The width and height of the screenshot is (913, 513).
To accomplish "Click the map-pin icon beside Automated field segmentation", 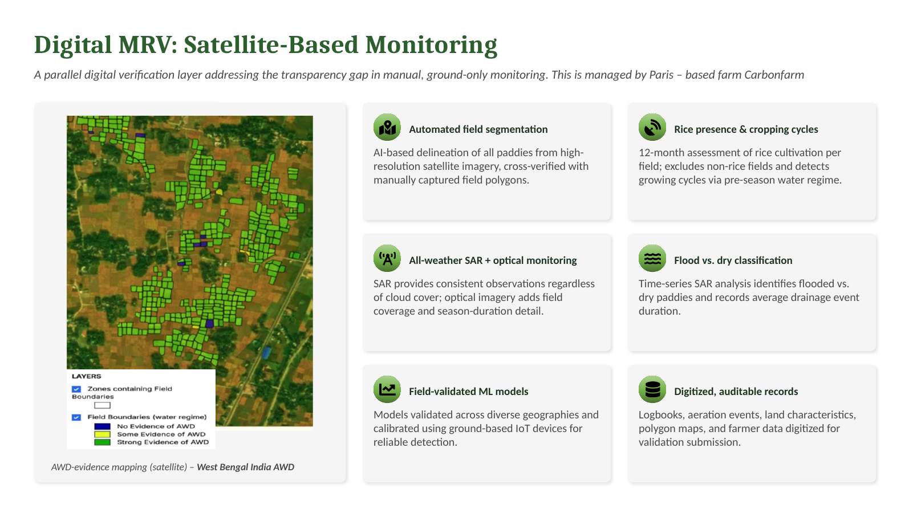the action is (387, 127).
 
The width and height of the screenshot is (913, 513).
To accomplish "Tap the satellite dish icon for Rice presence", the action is (652, 127).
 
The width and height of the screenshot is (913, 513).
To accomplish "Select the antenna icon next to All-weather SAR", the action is (387, 258).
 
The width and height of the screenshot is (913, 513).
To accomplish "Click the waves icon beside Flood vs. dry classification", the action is (652, 258).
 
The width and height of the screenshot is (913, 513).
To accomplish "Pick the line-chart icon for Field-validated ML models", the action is (387, 389).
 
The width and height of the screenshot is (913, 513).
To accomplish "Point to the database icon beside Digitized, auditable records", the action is (652, 389).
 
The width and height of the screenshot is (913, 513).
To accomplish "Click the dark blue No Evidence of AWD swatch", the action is (102, 426).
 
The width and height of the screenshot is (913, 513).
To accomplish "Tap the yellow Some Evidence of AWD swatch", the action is (102, 434).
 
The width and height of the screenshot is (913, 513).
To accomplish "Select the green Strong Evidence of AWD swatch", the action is (102, 442).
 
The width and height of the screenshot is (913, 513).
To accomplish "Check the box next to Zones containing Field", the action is (76, 389).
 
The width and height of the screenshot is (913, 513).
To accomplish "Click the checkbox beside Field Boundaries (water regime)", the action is (76, 417).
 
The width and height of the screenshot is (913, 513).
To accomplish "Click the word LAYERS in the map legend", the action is (87, 376).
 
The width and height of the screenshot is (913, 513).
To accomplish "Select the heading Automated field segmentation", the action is (478, 129).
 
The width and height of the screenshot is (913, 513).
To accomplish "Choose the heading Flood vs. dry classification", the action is (733, 260).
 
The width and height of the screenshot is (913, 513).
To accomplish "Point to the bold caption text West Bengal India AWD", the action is (245, 467).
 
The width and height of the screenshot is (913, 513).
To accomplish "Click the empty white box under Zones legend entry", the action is (102, 405).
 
